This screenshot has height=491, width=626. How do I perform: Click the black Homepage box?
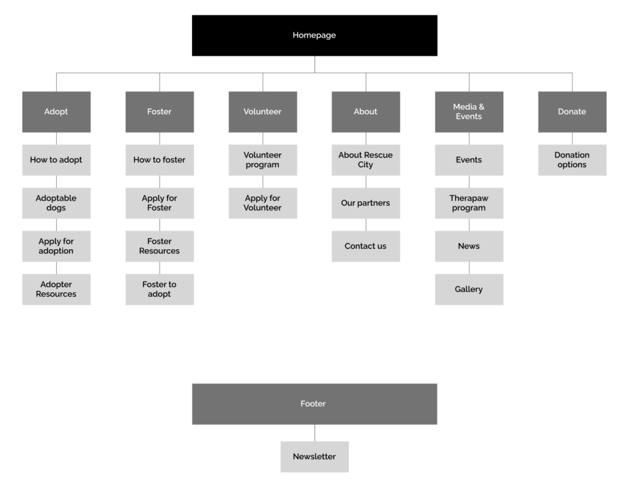coord(315,35)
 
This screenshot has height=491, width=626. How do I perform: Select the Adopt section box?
coord(56,112)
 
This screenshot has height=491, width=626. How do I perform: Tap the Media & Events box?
coord(469,112)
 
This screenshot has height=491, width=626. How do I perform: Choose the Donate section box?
coord(572,112)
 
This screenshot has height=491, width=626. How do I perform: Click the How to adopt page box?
coord(56,160)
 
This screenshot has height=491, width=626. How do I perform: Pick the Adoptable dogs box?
coord(56,203)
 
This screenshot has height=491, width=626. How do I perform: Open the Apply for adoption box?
coord(56,246)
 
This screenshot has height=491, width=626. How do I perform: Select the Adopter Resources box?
coord(56,289)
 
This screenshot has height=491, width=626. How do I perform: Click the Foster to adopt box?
coord(160,289)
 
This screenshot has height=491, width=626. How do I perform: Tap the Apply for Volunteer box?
coord(263,203)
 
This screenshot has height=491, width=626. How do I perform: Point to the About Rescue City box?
coord(366,160)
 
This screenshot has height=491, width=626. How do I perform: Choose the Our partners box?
coord(366,203)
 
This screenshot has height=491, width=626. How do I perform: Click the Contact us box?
coord(366,246)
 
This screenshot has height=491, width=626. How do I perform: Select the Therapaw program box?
coord(469,203)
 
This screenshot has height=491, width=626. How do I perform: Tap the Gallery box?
coord(469,289)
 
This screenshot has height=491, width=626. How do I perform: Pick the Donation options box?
coord(572,160)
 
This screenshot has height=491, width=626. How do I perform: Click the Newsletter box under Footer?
coord(315,457)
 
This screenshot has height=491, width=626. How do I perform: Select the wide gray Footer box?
coord(315,404)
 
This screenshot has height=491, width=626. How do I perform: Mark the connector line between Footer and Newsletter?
coord(315,433)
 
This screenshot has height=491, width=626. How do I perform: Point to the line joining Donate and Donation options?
coord(572,139)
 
